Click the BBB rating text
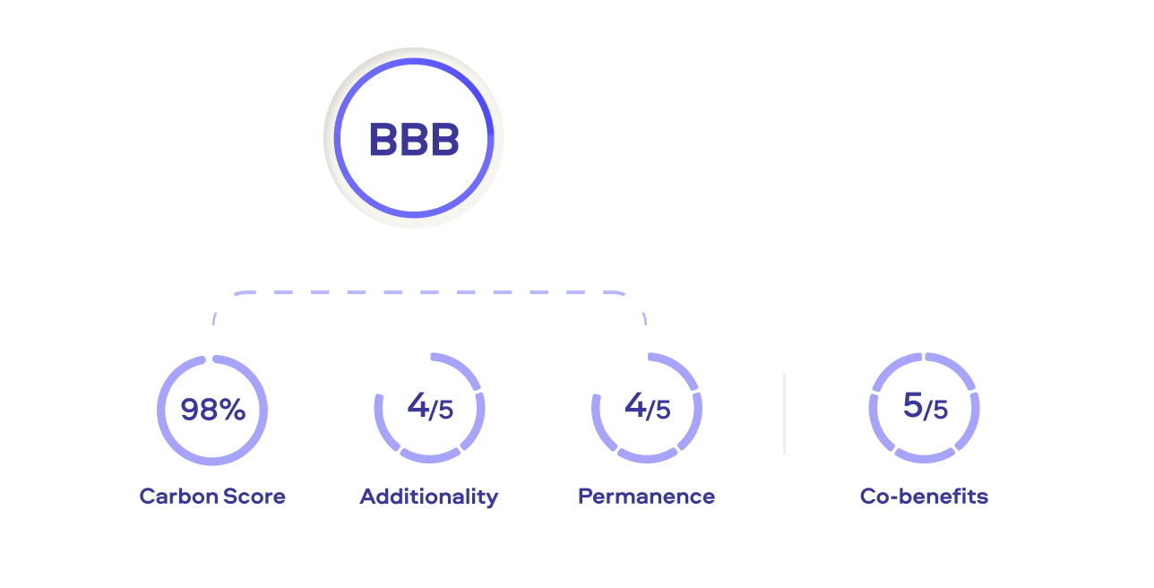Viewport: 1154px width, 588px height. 414,141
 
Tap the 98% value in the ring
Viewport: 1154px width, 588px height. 212,410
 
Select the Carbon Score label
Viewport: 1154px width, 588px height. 212,496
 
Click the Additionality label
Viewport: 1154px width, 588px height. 429,496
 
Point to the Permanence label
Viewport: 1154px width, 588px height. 646,496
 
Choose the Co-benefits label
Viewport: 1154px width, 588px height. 924,496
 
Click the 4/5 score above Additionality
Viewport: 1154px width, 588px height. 430,408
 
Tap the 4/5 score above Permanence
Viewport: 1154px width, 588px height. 647,408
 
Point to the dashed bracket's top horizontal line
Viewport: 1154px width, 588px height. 429,292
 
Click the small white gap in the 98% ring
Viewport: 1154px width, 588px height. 210,359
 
